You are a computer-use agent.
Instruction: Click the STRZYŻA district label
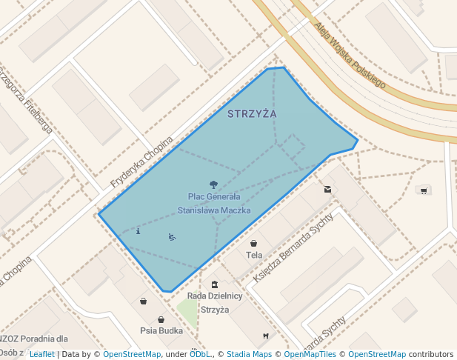[252, 114]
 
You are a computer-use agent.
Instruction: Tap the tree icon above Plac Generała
[214, 184]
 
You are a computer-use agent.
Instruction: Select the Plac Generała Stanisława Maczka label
[214, 204]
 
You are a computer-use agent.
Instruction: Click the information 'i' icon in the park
[139, 231]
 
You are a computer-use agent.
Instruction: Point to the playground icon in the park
[172, 237]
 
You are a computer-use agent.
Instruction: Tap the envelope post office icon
[327, 189]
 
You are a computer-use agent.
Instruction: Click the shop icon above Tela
[254, 243]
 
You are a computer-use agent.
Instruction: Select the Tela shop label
[254, 255]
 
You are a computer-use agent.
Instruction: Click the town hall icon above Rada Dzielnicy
[215, 284]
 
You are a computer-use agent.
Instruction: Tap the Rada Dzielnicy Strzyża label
[215, 302]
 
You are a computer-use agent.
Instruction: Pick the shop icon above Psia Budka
[143, 301]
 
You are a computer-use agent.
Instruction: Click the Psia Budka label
[161, 330]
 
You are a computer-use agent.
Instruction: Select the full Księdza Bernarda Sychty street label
[294, 247]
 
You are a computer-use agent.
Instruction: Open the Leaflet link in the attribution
[41, 355]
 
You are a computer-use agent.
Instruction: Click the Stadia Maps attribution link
[249, 355]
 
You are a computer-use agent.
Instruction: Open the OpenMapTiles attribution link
[310, 355]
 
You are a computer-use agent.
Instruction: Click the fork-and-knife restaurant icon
[266, 336]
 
